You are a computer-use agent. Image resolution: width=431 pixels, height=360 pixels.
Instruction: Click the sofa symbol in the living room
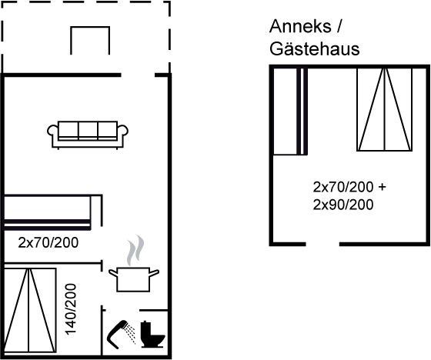(88, 135)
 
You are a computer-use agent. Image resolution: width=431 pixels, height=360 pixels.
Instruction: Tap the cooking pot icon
(134, 279)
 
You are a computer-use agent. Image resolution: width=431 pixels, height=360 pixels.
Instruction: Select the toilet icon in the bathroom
(153, 334)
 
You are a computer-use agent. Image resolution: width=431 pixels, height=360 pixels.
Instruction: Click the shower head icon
(121, 332)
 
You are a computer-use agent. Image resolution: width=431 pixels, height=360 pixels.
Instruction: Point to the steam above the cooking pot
(135, 250)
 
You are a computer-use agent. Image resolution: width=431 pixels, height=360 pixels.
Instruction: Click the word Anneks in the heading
(300, 27)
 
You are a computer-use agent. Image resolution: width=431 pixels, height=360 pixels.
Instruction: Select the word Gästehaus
(315, 49)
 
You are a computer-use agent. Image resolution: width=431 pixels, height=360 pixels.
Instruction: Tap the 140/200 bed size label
(71, 309)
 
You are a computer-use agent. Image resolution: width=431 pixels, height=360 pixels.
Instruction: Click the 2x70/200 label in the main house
(48, 242)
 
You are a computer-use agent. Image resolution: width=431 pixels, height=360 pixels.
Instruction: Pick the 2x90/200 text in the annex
(343, 205)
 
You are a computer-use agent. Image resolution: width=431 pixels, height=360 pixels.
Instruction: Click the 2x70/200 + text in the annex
(349, 187)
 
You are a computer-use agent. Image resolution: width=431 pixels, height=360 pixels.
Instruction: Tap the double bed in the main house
(30, 310)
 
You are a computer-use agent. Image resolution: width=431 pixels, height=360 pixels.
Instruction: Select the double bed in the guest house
(384, 109)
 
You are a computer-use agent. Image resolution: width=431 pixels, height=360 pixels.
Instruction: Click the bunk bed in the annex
(290, 111)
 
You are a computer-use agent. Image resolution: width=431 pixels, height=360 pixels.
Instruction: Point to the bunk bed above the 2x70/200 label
(47, 212)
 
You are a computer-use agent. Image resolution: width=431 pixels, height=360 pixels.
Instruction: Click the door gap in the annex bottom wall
(322, 244)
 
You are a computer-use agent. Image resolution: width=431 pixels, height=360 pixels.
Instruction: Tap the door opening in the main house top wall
(138, 75)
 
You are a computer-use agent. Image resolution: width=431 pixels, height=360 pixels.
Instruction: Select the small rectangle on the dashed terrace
(90, 41)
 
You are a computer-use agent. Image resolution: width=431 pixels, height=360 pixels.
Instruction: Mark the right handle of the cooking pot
(154, 273)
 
